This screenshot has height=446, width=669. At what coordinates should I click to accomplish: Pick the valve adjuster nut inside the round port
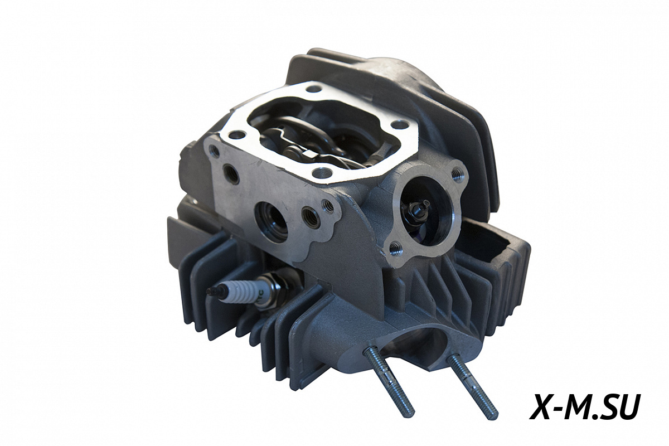417,206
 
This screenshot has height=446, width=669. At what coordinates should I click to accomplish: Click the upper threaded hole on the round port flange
457,173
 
